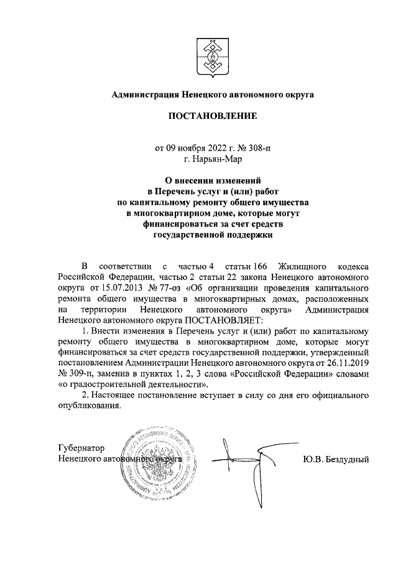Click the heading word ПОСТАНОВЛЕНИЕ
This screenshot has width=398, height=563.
(213, 116)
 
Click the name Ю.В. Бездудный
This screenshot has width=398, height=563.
(336, 459)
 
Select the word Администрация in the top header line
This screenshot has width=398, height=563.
(144, 95)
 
